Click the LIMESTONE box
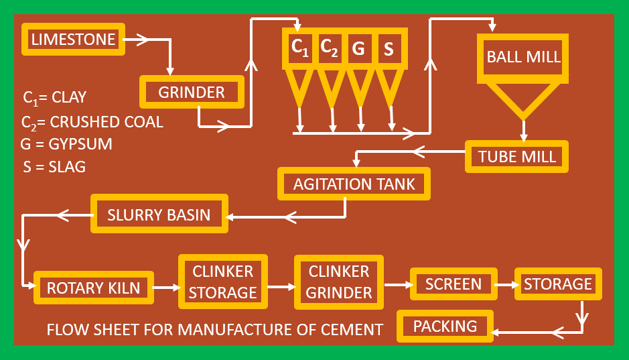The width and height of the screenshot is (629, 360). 74,40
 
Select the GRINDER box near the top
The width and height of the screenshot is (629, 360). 192,92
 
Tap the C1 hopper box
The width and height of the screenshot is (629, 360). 299,48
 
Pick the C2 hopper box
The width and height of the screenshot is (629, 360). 330,48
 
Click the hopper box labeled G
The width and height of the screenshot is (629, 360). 358,48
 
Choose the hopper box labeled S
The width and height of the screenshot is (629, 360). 389,48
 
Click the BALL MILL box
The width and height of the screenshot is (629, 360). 523,56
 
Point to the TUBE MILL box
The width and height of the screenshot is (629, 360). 516,157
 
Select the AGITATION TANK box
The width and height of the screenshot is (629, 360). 354,184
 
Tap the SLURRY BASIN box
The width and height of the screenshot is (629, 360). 159,215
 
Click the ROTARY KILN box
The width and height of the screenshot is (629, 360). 94,288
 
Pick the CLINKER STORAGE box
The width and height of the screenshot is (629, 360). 222,282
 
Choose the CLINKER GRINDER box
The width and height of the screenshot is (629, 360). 339,282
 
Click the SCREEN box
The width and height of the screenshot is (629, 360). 453,284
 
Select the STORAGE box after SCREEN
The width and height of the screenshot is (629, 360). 557,284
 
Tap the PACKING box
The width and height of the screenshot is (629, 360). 445,326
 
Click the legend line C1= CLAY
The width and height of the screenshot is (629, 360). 54,97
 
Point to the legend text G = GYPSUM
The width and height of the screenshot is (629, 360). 66,144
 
